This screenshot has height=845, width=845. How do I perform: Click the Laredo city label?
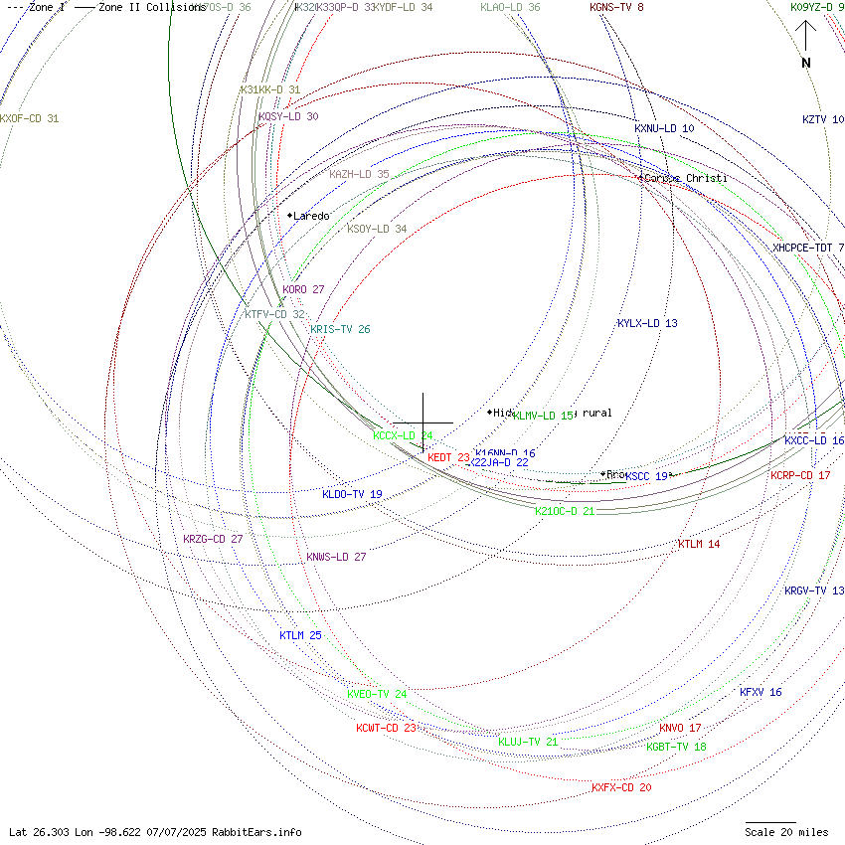(311, 216)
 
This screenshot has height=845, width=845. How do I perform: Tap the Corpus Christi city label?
(686, 179)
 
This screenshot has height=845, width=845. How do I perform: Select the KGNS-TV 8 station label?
(616, 8)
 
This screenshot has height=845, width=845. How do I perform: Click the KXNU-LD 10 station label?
(664, 129)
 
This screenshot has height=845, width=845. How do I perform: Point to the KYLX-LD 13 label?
(647, 324)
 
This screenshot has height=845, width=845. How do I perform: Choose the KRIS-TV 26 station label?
(340, 330)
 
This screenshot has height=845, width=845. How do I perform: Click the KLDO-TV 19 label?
(352, 495)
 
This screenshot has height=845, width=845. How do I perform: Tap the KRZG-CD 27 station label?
(213, 540)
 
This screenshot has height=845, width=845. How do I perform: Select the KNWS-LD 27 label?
(336, 558)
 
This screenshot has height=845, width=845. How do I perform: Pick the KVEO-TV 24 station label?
(377, 694)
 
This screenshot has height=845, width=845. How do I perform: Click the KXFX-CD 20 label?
(621, 788)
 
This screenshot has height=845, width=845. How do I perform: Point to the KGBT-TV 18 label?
(676, 747)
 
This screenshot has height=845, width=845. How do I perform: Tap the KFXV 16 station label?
(760, 693)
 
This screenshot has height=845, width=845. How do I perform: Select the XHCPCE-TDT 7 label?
(808, 248)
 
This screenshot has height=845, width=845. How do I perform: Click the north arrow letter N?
(806, 64)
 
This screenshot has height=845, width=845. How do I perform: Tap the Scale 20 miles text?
(786, 832)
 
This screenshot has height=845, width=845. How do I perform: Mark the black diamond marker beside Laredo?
(289, 216)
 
